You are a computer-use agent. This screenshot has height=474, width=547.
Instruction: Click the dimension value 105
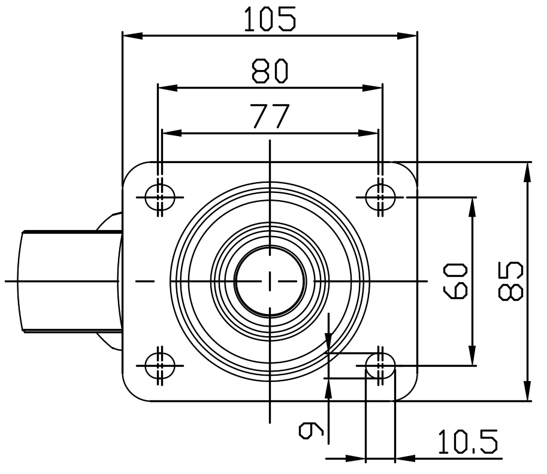269,19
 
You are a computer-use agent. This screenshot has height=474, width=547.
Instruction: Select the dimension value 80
270,71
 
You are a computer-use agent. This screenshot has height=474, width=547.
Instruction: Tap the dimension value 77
270,116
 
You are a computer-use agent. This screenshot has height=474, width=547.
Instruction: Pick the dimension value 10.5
467,443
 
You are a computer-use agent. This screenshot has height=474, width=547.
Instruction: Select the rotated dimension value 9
312,430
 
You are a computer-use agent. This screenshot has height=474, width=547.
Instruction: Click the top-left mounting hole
160,196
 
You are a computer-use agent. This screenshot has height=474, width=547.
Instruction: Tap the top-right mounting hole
380,196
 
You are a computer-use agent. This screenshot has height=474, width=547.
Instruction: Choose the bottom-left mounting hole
160,364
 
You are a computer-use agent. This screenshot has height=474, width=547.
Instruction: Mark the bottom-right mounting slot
380,364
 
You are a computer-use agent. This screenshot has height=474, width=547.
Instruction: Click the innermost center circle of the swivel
270,280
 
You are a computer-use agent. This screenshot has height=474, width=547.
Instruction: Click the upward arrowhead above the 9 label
328,387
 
